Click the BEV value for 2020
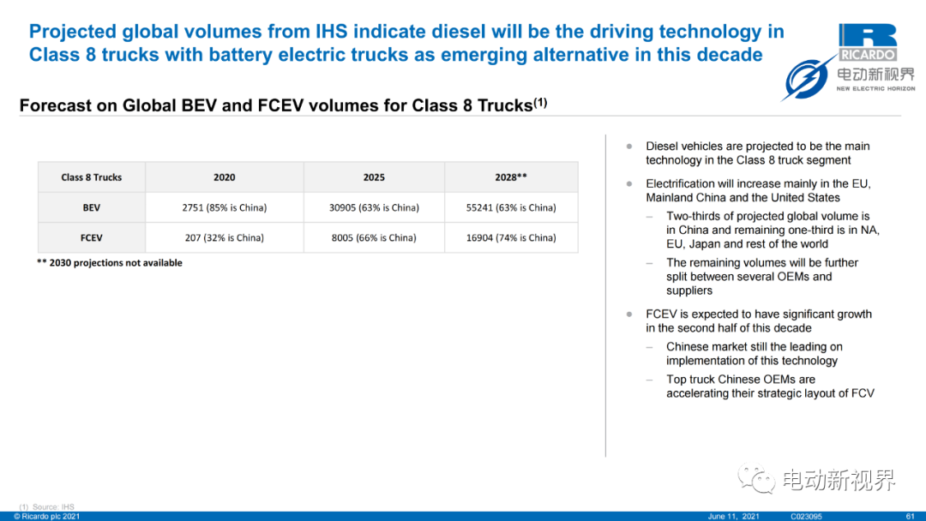coord(225,207)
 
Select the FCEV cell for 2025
coord(374,237)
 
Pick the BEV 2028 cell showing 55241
coord(511,207)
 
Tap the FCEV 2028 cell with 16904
coord(511,237)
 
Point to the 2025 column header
coord(374,177)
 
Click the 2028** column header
coord(511,177)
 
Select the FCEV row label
coord(92,237)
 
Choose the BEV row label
coord(92,207)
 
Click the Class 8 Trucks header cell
coord(92,177)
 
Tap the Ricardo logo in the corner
coord(868,43)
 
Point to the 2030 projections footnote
coord(110,262)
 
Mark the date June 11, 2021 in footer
coord(733,516)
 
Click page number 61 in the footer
coord(910,516)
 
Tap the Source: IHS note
coord(47,506)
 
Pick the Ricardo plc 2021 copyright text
coord(46,516)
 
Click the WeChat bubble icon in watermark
coord(756,479)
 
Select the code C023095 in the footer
coord(806,516)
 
